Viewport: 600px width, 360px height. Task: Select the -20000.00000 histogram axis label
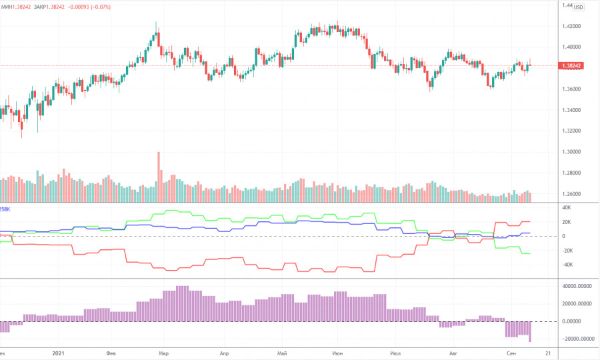click(577, 339)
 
